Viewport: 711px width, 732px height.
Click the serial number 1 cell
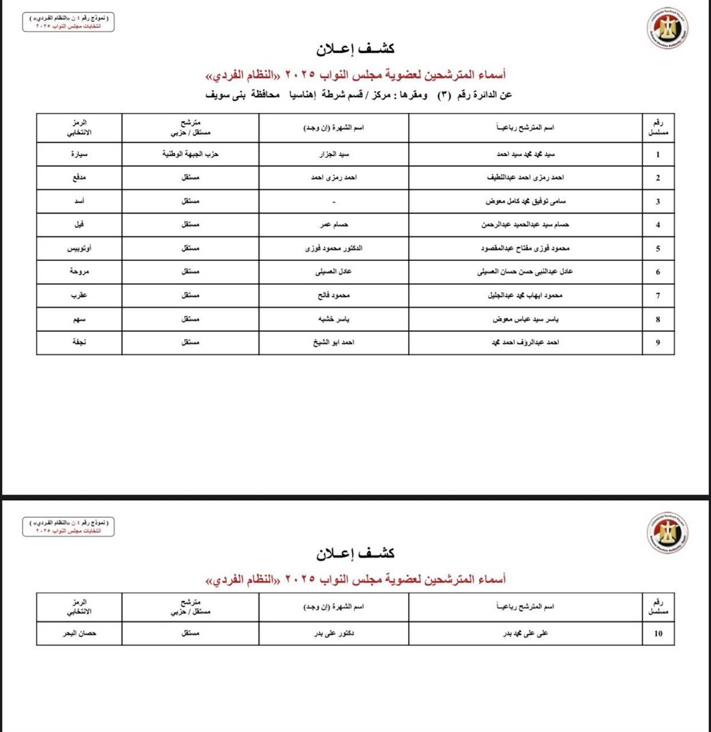(658, 154)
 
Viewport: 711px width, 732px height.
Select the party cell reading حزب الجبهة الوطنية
(190, 154)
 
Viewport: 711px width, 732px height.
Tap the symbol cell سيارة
(79, 154)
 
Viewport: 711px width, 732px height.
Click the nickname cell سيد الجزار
(334, 154)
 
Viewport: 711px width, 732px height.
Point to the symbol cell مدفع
(79, 178)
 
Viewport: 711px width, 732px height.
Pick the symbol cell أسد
(79, 201)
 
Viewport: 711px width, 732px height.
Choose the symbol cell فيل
(79, 225)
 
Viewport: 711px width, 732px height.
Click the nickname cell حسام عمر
(334, 225)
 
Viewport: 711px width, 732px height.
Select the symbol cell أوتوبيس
(79, 249)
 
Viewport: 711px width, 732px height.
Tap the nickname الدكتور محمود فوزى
(334, 249)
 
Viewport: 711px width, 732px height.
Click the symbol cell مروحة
(79, 272)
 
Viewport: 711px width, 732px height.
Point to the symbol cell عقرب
(79, 295)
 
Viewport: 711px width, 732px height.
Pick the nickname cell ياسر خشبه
(334, 319)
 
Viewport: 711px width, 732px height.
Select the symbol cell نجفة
(79, 342)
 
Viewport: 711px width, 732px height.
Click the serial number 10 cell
(658, 633)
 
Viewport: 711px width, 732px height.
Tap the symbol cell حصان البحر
(79, 633)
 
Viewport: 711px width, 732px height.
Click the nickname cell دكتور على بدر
(334, 633)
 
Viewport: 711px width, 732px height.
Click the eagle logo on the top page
(667, 28)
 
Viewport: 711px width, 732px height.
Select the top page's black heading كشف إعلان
(355, 49)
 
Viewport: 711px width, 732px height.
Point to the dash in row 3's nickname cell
(334, 202)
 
